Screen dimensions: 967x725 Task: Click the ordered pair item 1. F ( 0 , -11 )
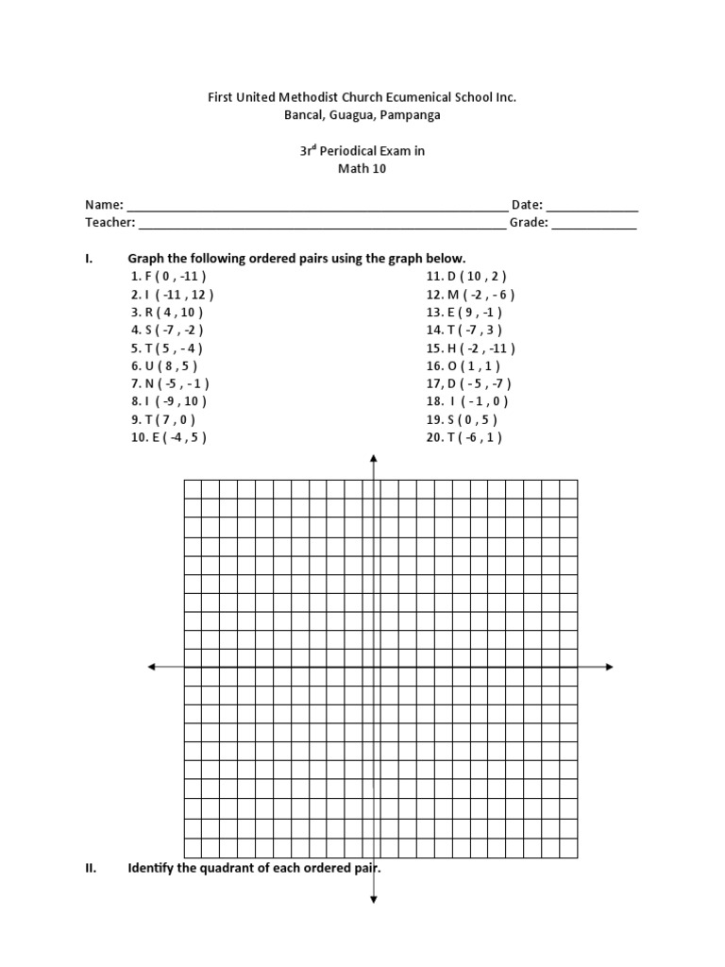(x=169, y=276)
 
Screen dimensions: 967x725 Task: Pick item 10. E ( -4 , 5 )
(x=169, y=437)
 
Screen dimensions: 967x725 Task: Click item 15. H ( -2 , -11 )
(x=470, y=348)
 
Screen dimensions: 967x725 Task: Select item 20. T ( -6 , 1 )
(x=464, y=437)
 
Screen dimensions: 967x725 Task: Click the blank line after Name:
(x=316, y=206)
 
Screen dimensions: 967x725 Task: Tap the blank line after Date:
(x=592, y=206)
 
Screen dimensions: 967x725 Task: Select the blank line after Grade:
(x=594, y=224)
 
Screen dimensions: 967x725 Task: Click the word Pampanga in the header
(x=411, y=115)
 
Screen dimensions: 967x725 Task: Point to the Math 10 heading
(x=362, y=169)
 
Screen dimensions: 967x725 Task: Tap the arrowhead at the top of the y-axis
(x=375, y=459)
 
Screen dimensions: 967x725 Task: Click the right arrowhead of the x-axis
(x=609, y=667)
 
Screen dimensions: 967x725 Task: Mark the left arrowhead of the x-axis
(x=152, y=667)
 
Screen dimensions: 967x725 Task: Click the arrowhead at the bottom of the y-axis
(x=375, y=900)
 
